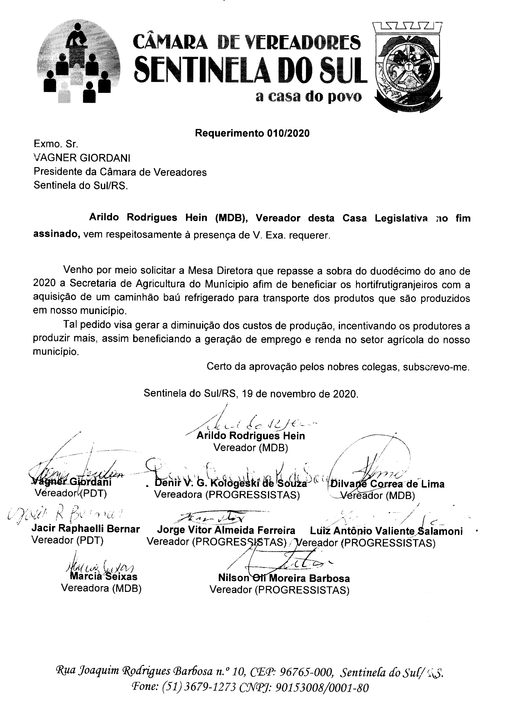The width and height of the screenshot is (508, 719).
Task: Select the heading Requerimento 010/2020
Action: pyautogui.click(x=252, y=133)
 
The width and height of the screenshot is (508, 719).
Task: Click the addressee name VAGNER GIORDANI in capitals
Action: pyautogui.click(x=82, y=158)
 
